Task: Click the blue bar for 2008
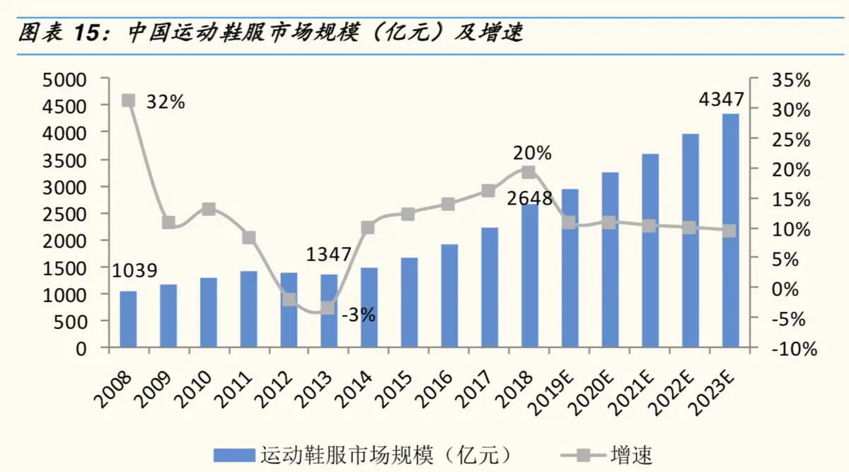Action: [x=128, y=319]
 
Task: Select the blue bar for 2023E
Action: [x=730, y=230]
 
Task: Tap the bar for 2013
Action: [x=329, y=311]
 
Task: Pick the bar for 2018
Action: [x=529, y=276]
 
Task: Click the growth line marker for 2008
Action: [x=128, y=100]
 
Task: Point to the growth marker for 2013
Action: [x=328, y=308]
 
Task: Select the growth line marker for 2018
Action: [x=529, y=172]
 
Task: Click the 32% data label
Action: [x=166, y=102]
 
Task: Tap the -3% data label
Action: [x=358, y=316]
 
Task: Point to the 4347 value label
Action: [x=721, y=100]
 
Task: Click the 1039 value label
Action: [x=134, y=271]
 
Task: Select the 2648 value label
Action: [x=529, y=198]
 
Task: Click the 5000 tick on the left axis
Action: [x=65, y=79]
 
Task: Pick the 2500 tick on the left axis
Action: [x=65, y=214]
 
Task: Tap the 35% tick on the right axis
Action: [x=792, y=80]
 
